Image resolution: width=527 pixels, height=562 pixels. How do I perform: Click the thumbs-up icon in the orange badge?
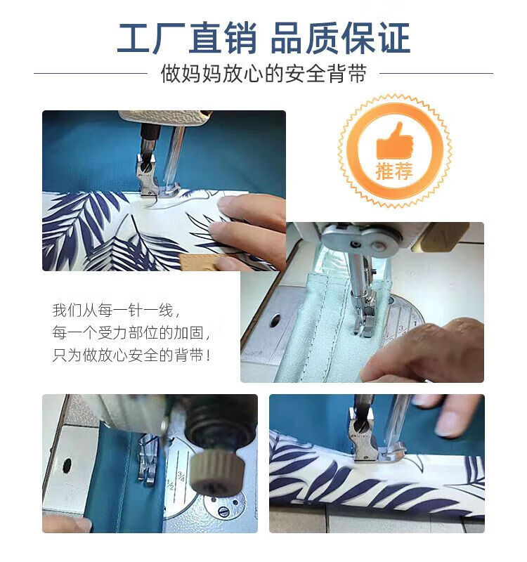tap(394, 141)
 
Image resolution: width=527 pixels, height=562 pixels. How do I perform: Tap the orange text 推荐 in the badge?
tap(394, 171)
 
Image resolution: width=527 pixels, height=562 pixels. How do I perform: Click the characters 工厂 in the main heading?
tap(151, 38)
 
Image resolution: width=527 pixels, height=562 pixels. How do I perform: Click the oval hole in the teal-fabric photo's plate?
tap(67, 465)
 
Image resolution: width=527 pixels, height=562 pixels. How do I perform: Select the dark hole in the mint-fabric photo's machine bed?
tap(275, 320)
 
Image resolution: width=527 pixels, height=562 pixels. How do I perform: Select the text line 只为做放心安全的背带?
tap(131, 355)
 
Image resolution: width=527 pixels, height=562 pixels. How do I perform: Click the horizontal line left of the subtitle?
tap(91, 74)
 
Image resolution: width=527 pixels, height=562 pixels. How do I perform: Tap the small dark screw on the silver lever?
tap(356, 244)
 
